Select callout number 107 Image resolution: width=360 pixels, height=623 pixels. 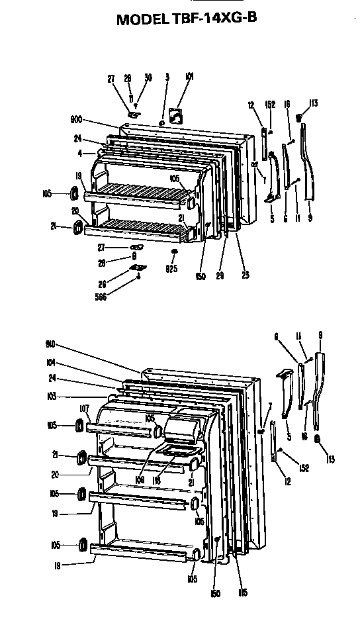coord(84,408)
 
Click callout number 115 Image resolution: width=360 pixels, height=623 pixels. coord(244,592)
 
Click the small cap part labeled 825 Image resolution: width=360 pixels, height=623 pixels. coord(174,253)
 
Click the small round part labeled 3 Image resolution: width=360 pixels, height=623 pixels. coord(162,123)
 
